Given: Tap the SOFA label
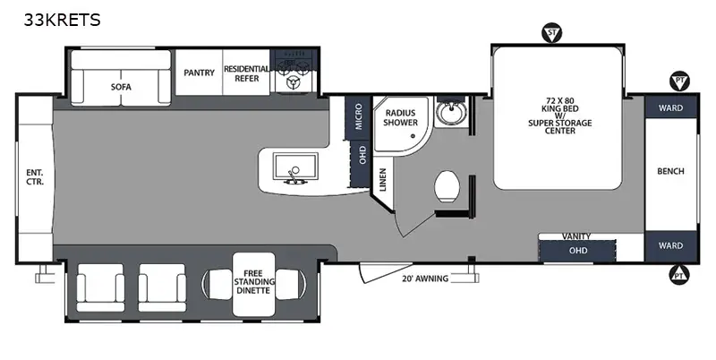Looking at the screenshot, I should coord(122,87).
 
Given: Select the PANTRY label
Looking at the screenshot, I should coord(199,73).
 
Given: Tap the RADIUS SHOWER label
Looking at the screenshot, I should coord(401,117).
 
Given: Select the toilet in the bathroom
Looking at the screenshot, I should coord(447,188).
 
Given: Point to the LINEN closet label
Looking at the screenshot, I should coord(382,180).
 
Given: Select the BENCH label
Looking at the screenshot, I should coord(670,171).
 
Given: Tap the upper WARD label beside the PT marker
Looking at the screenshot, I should coord(670,107).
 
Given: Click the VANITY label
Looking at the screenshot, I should coord(576,236).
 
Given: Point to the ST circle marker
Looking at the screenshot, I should coord(552,35).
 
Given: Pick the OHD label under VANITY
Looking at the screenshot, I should coord(578,250).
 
